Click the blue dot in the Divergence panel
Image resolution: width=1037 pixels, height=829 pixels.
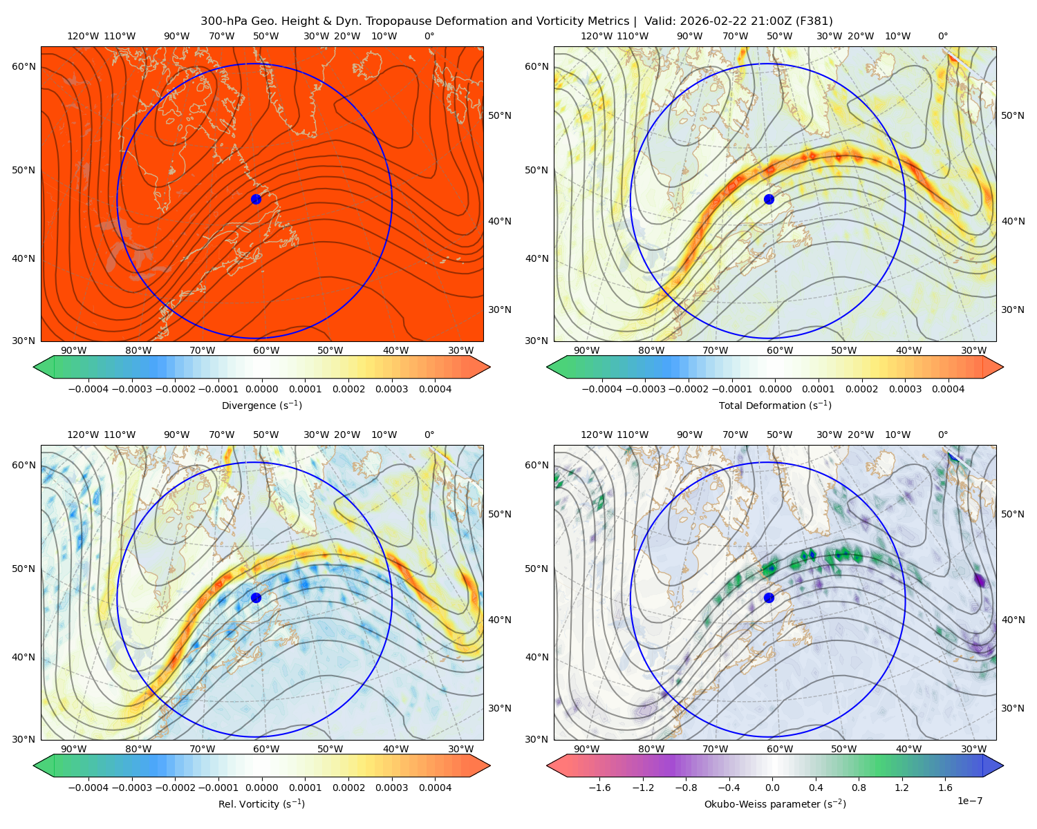click(256, 199)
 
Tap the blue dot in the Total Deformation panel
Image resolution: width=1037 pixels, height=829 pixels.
click(769, 199)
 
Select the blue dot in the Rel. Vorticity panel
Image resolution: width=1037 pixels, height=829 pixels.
click(256, 598)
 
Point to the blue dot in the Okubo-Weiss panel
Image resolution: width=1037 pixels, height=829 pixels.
click(769, 598)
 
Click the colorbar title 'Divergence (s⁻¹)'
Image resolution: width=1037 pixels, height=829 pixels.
click(261, 405)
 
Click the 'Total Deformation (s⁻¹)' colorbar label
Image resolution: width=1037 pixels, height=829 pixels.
click(775, 405)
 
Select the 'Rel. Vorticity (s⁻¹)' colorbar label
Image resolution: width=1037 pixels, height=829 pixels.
click(261, 803)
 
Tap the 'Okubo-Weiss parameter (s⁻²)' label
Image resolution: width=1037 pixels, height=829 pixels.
click(775, 803)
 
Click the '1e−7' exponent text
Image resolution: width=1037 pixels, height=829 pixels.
click(969, 801)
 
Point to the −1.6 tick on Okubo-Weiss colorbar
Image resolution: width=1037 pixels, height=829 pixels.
click(599, 788)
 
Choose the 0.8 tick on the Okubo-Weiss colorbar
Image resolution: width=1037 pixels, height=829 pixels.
click(859, 788)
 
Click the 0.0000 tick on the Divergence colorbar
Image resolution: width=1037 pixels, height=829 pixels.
click(261, 389)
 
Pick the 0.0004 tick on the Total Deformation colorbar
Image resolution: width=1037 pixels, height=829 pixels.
click(949, 389)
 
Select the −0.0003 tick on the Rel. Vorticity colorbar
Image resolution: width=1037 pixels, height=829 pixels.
click(131, 788)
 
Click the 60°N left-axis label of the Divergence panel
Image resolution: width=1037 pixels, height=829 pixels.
click(24, 66)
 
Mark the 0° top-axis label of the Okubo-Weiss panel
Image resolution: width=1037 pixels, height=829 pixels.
click(942, 435)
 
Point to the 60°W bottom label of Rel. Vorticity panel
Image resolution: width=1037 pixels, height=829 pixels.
click(266, 749)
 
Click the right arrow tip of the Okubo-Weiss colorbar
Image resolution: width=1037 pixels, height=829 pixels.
click(1003, 765)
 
